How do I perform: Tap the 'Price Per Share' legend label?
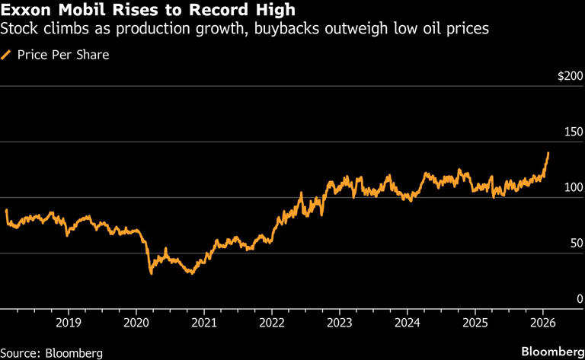click(x=63, y=55)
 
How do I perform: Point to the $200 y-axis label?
click(x=570, y=76)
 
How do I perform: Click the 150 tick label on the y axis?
click(x=574, y=132)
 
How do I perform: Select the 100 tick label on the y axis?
click(x=574, y=187)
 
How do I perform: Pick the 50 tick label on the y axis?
click(x=577, y=243)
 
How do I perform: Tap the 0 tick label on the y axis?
click(x=580, y=298)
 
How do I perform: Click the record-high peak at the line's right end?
click(x=548, y=153)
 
